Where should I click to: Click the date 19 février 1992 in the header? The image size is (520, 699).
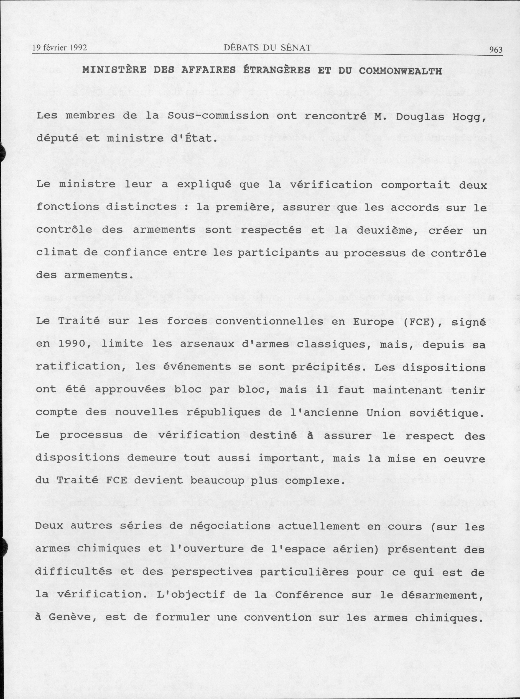coord(59,48)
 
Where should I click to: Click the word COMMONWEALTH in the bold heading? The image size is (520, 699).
coord(400,71)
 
